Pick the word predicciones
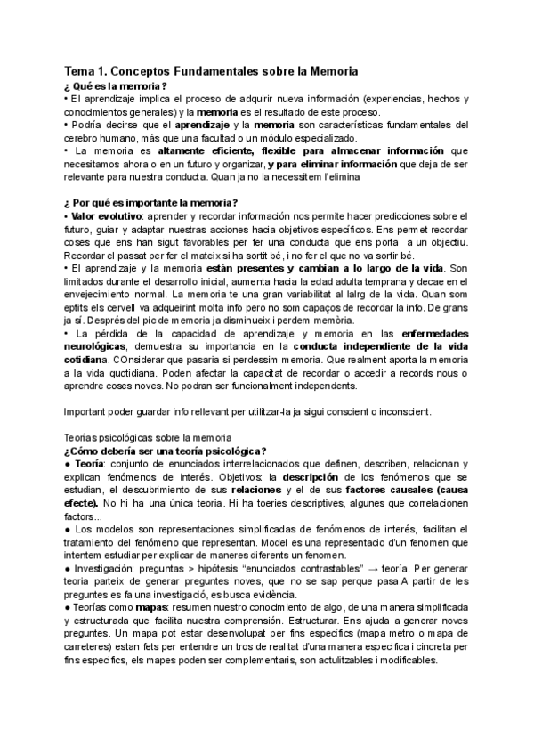tap(422, 216)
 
